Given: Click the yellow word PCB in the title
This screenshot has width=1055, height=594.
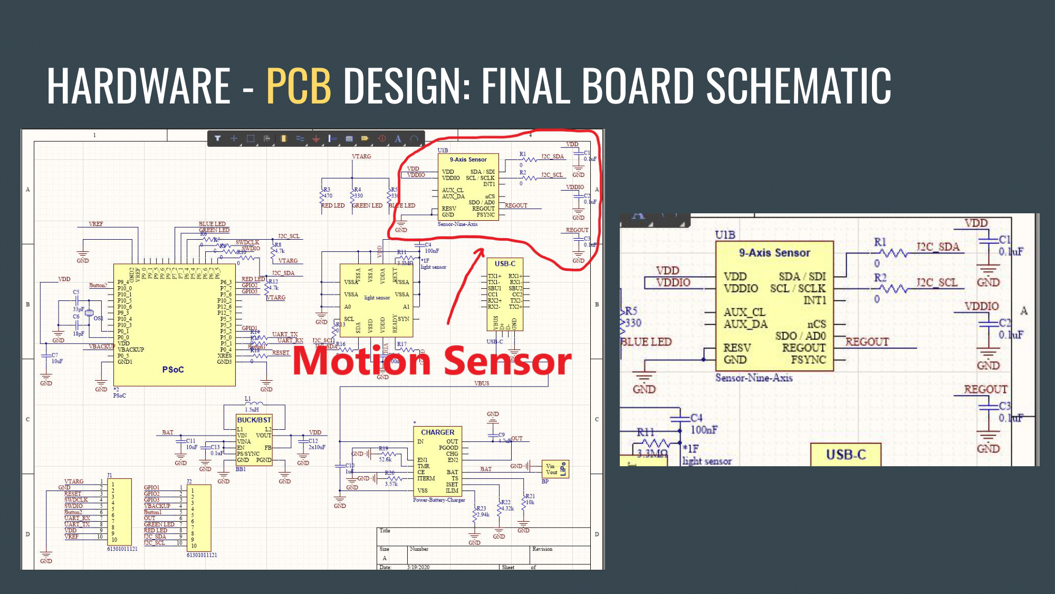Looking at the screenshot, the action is point(299,86).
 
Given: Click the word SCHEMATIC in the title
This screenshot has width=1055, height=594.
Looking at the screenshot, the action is point(799,86).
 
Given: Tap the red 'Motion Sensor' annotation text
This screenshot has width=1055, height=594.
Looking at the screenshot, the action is point(431,361).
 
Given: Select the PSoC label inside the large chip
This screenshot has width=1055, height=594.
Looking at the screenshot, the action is point(173,370).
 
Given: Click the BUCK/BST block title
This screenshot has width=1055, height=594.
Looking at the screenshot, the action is point(254,420).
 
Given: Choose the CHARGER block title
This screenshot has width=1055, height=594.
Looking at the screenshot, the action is point(437,432).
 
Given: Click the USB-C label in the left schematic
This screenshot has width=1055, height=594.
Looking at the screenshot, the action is point(505,263).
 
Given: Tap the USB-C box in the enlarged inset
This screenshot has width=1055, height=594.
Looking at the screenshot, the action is point(846,454).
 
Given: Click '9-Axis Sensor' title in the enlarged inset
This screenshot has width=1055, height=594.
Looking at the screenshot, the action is point(774,253).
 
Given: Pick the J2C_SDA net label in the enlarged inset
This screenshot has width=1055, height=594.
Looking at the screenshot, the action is point(937,247).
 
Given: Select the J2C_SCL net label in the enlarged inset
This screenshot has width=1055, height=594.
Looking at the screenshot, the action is point(937,282).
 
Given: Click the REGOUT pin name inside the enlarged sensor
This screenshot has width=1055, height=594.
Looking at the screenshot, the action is point(803,347).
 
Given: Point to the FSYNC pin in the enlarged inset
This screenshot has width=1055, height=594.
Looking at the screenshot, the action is point(808,360).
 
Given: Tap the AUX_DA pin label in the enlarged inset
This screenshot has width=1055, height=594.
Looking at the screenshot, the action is point(745,324).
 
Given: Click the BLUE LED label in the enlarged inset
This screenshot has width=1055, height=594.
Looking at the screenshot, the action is point(646,342).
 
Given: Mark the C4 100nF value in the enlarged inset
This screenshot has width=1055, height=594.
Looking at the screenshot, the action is point(704,430).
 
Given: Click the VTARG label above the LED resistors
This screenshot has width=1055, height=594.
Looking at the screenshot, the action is point(361,156).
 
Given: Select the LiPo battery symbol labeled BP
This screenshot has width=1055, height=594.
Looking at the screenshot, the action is point(555,469).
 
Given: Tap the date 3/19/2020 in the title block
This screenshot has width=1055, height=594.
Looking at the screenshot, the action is point(418,567).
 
